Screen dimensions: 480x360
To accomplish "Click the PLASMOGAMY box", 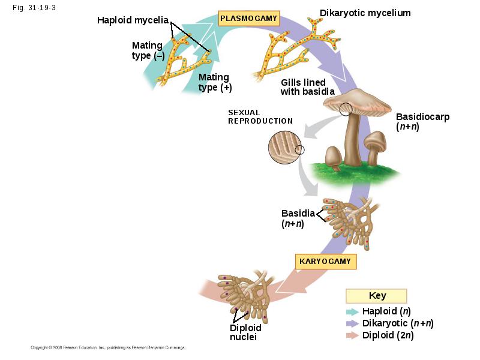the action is click(248, 19).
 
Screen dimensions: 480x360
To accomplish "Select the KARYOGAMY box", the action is click(326, 262).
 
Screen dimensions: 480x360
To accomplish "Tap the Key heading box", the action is click(376, 296).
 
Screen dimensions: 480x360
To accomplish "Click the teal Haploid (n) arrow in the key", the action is click(352, 311).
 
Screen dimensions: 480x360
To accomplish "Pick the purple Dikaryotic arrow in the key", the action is click(352, 323).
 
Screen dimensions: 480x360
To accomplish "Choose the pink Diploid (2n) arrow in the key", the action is click(352, 335).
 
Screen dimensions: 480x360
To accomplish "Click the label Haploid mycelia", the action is click(133, 20).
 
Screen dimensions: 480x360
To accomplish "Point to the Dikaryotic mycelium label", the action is click(365, 13).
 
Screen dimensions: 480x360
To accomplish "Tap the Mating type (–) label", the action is click(148, 50).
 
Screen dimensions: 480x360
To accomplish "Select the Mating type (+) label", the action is click(215, 82).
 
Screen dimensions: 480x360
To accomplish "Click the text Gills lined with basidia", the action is click(307, 87).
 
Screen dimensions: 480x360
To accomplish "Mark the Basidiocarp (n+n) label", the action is click(422, 122).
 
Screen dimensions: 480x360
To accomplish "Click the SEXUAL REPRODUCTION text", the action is click(260, 116).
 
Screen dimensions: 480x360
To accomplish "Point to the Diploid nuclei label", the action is click(245, 332).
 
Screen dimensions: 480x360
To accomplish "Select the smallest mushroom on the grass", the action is click(333, 158).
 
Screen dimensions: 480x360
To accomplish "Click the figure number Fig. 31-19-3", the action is click(34, 8).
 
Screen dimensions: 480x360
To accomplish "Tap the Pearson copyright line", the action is click(108, 347).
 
